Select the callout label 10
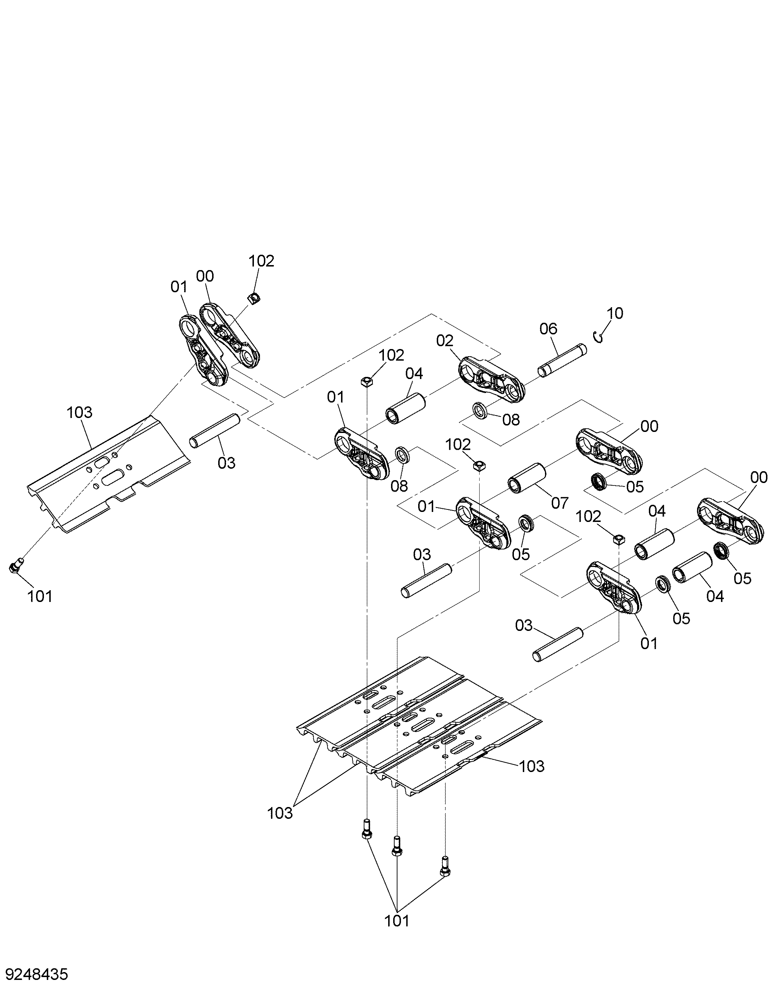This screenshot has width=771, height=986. click(x=615, y=313)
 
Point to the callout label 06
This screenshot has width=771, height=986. click(x=549, y=329)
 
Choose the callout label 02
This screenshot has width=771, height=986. click(x=445, y=341)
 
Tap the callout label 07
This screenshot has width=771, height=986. click(x=560, y=503)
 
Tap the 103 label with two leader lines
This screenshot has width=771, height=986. click(x=280, y=813)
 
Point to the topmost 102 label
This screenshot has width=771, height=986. click(x=261, y=261)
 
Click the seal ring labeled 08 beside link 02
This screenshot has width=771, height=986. click(x=480, y=410)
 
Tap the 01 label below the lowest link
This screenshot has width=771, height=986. click(x=649, y=644)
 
